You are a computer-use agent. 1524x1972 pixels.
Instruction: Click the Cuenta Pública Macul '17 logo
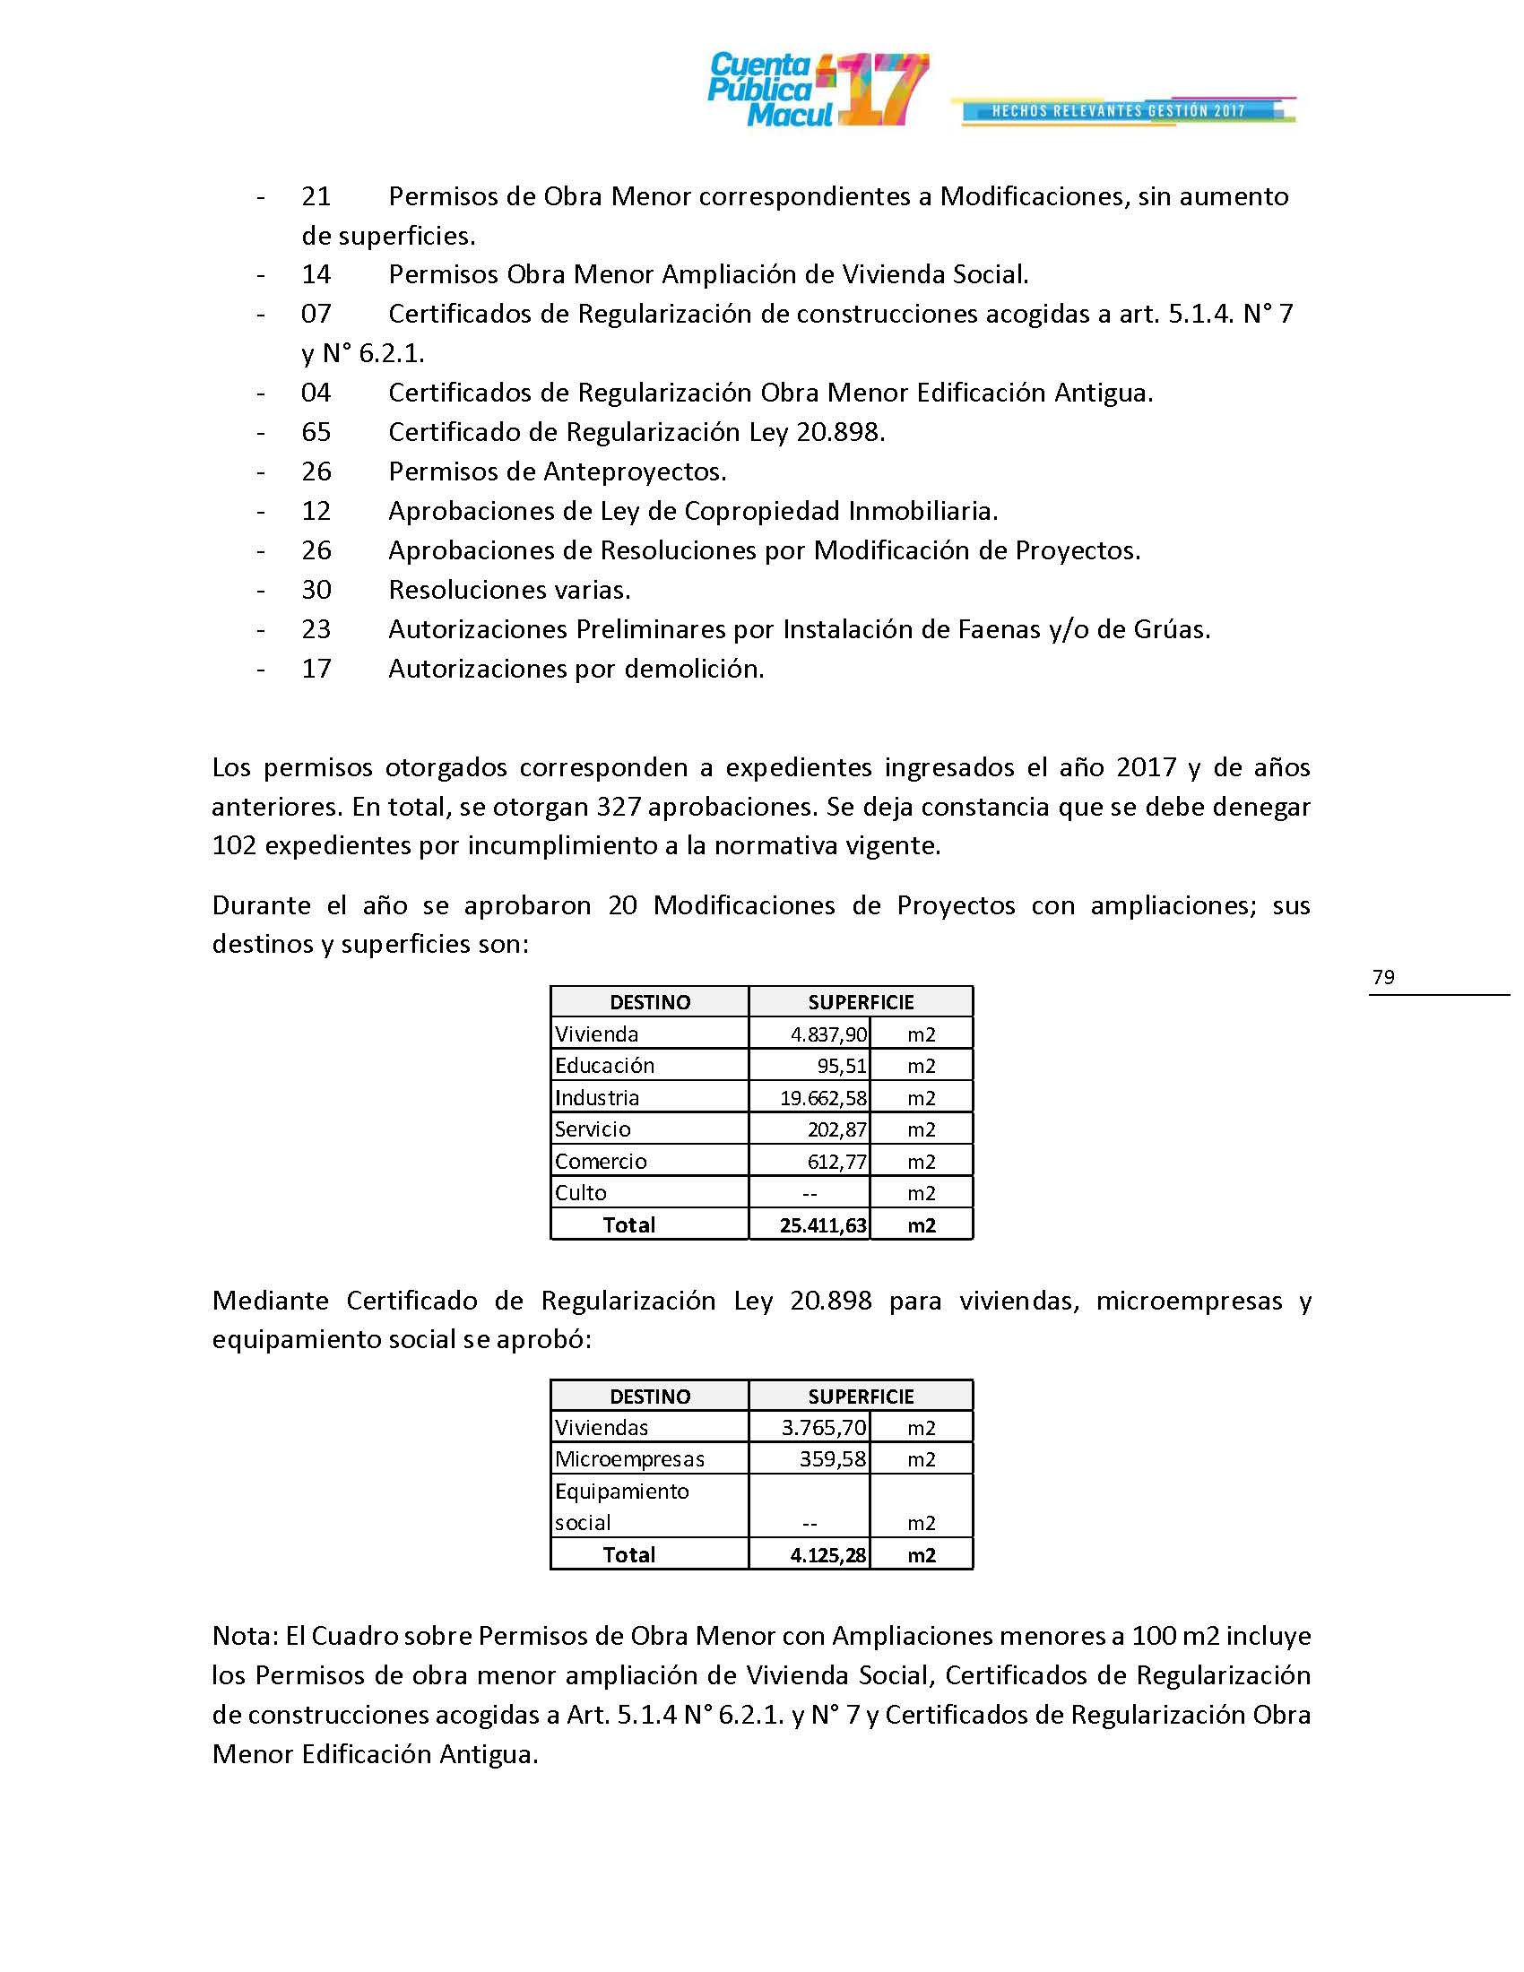817,90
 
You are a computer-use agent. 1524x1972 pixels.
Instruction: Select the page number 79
1382,977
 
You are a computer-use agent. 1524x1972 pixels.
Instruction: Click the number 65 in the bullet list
316,433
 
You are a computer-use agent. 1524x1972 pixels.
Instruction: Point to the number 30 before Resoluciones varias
316,591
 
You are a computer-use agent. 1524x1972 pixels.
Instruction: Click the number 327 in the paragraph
619,807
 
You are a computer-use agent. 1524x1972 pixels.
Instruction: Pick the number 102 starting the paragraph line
234,846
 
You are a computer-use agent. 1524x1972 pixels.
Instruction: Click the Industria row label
597,1098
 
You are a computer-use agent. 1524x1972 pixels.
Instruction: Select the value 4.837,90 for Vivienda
829,1034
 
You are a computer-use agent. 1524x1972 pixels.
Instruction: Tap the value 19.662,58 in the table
823,1098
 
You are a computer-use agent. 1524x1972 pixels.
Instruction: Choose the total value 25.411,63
823,1225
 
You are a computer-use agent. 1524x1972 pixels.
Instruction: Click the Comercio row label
601,1161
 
